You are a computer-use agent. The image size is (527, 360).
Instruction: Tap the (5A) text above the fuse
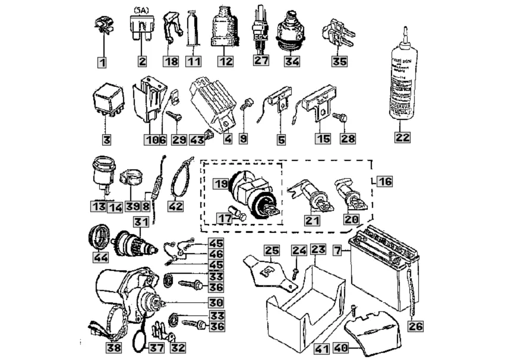(142, 10)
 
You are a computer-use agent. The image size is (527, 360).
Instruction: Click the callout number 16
(384, 181)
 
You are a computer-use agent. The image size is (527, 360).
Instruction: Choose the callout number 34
(292, 61)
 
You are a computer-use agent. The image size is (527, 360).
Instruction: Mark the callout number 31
(140, 222)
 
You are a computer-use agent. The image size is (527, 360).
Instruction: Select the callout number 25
(272, 251)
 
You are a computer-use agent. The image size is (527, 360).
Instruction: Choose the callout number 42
(176, 206)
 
